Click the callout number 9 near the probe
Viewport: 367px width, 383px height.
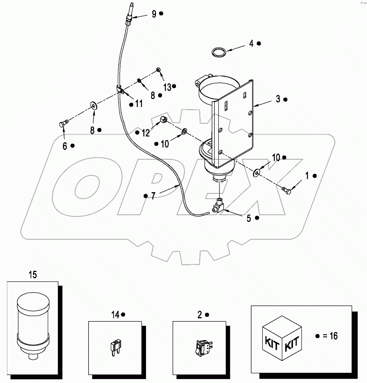tap(154, 14)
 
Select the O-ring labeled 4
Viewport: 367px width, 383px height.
tap(219, 52)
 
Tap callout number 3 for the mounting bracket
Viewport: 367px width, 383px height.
tap(277, 99)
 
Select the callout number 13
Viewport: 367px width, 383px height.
tap(167, 87)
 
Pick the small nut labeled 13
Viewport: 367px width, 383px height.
tap(159, 69)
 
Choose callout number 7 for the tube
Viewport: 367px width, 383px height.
tap(153, 196)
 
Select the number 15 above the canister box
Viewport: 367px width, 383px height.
tap(33, 275)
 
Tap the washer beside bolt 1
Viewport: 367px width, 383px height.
tap(257, 173)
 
